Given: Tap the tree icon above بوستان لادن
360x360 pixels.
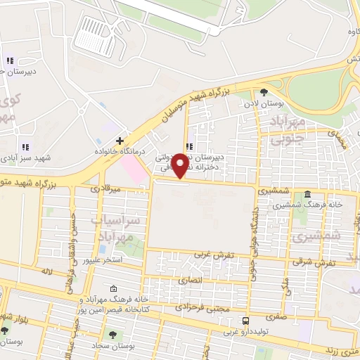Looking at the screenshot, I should [264, 92].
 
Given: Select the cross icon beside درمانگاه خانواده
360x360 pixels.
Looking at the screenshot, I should [120, 141].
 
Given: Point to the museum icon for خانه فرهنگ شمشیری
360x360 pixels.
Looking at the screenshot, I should [307, 195].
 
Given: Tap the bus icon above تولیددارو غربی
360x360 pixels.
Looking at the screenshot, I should [245, 320].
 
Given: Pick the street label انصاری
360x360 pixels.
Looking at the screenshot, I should [191, 281].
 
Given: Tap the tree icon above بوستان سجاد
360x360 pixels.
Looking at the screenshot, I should [111, 333].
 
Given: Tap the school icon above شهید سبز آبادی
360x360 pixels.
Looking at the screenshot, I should [25, 147].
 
